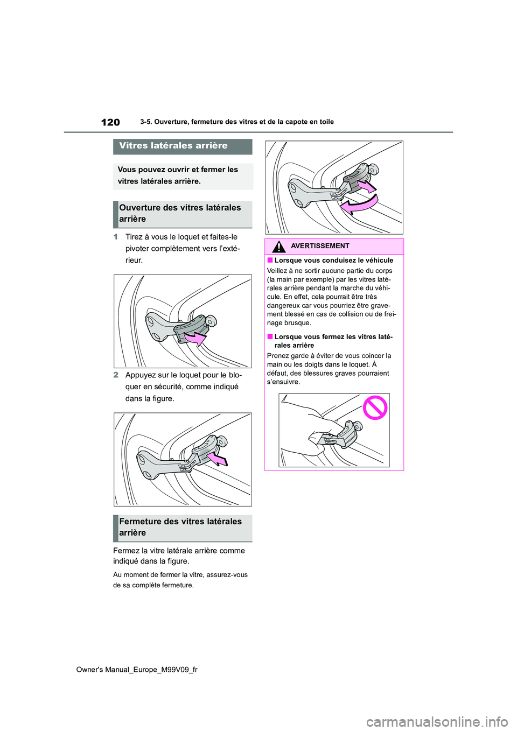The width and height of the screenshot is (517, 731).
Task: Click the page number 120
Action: [x=110, y=122]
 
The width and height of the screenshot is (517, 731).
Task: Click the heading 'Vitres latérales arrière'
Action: [x=173, y=146]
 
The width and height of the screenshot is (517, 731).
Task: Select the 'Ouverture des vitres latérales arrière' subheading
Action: [x=180, y=214]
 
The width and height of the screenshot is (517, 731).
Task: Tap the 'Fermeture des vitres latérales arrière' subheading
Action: [x=180, y=528]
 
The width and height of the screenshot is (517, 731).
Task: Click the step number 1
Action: [x=116, y=237]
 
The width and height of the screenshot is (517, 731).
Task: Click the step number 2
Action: [x=116, y=375]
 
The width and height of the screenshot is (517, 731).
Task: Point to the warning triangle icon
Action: [x=278, y=247]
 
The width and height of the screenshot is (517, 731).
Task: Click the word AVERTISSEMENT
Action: [x=320, y=246]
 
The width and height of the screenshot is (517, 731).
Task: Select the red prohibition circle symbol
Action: [x=375, y=407]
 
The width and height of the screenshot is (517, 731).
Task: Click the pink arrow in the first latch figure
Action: [x=195, y=338]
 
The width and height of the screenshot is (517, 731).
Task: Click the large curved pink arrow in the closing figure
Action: [x=360, y=205]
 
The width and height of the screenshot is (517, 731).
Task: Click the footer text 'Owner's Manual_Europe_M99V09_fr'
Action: [x=137, y=670]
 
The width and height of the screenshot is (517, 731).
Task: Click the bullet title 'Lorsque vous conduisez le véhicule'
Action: [x=333, y=261]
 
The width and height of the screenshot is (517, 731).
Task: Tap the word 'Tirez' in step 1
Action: [x=135, y=237]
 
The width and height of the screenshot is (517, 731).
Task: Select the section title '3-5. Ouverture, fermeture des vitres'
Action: [x=237, y=122]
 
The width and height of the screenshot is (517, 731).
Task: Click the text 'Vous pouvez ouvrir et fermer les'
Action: [x=178, y=170]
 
